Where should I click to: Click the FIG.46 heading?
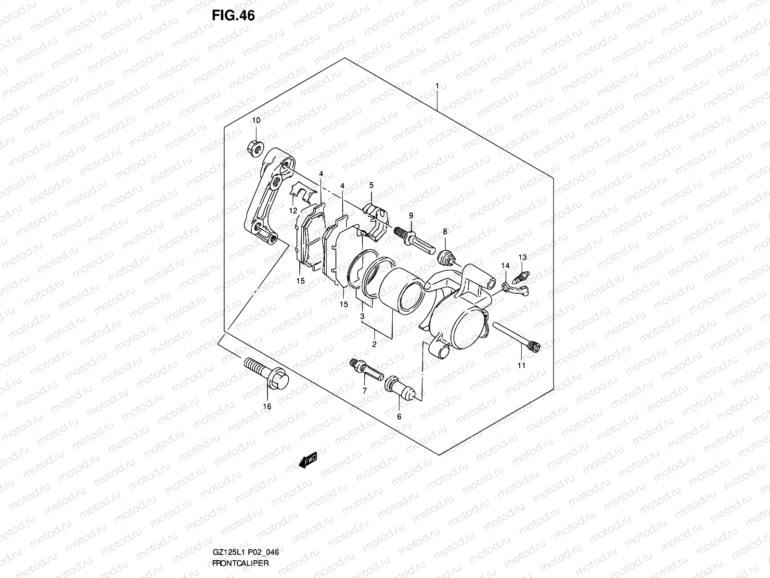(x=233, y=16)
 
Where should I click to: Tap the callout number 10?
(x=256, y=120)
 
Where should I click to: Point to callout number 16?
(x=267, y=407)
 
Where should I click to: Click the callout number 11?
(x=521, y=366)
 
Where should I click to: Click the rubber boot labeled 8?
(x=446, y=258)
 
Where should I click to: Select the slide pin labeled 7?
(x=367, y=368)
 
